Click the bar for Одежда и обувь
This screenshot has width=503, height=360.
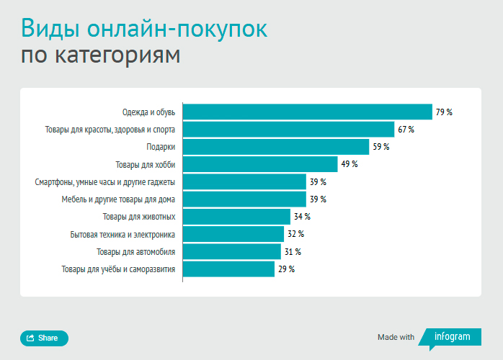[x=307, y=112]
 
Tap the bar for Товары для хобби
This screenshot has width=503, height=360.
[x=260, y=164]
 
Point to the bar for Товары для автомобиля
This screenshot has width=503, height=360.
[x=232, y=251]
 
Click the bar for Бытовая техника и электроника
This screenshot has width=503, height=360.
[x=233, y=234]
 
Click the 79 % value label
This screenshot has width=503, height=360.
[x=444, y=112]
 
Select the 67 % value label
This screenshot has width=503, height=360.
[x=406, y=130]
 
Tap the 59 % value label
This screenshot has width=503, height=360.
[x=381, y=147]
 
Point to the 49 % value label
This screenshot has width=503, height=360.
[x=350, y=164]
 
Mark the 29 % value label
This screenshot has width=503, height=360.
[x=286, y=269]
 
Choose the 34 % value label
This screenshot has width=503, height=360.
[x=302, y=217]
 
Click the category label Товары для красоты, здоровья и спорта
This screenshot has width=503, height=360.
[x=110, y=130]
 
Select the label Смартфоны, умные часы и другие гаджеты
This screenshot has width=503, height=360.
[x=105, y=182]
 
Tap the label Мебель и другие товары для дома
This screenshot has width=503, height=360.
[x=118, y=199]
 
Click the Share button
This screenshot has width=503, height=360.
[x=44, y=338]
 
